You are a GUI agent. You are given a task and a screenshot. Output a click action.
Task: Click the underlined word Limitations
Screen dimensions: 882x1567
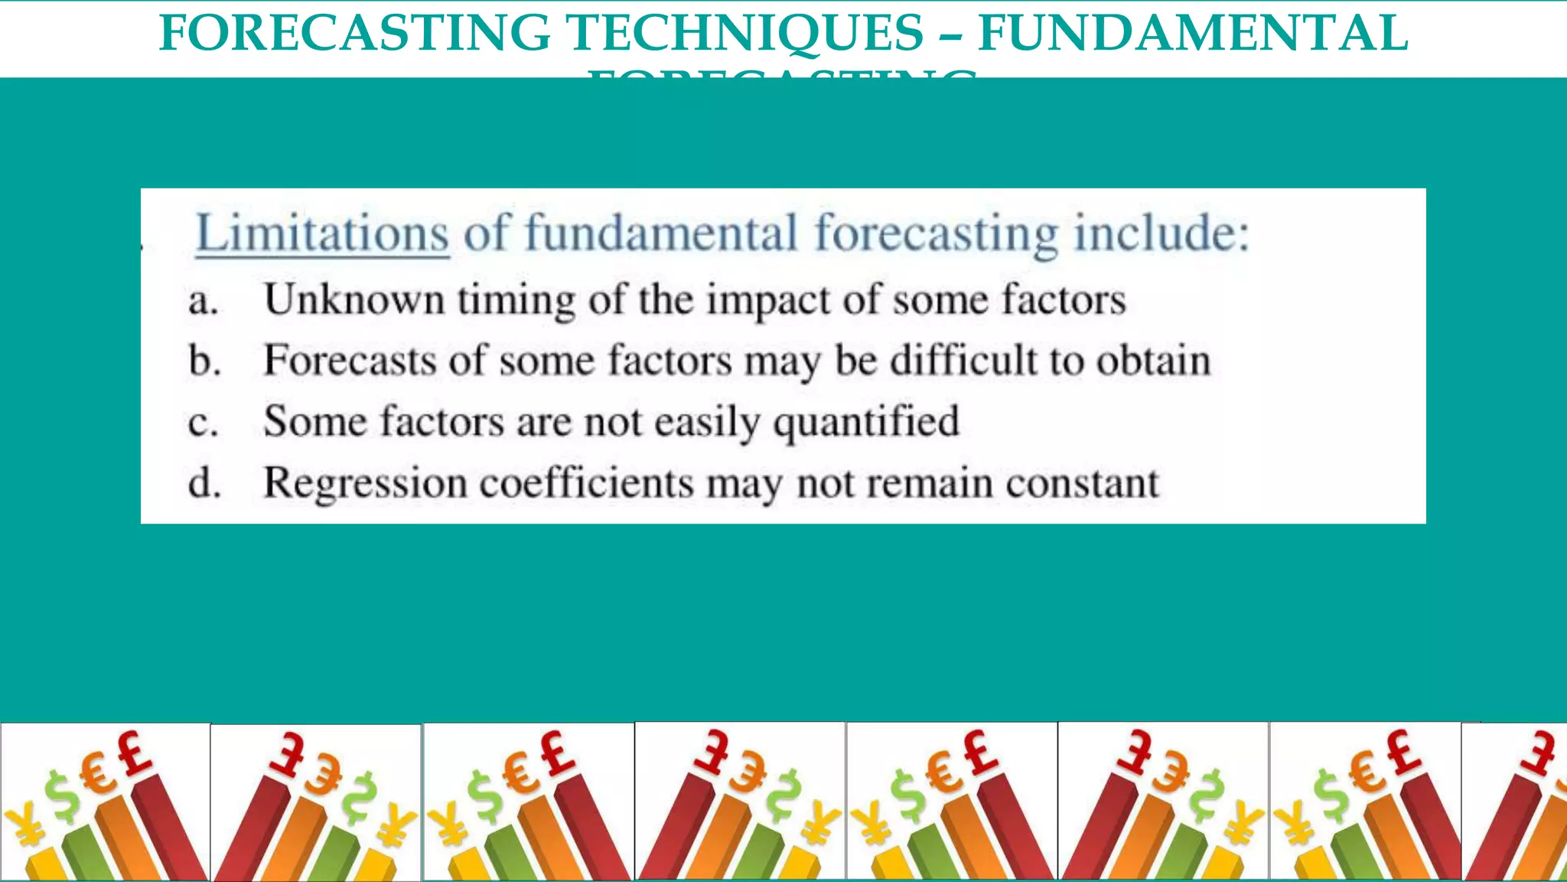[x=322, y=234]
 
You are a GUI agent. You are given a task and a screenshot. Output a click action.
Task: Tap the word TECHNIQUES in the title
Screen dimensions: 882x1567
[x=744, y=33]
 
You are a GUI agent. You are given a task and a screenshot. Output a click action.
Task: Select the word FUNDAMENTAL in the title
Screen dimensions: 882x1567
[x=1193, y=33]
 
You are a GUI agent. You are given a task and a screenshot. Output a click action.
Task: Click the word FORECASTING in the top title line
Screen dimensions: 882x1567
[x=354, y=33]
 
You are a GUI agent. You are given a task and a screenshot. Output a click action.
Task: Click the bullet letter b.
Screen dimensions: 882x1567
[x=204, y=361]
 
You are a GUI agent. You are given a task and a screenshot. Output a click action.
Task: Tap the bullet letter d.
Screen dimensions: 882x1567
[x=204, y=483]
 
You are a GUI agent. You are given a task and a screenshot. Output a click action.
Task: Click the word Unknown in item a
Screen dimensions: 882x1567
[x=353, y=299]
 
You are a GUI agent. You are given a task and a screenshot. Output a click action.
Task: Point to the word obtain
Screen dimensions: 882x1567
[x=1154, y=360]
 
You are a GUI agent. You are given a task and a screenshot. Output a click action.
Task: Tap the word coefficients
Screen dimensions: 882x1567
[x=586, y=483]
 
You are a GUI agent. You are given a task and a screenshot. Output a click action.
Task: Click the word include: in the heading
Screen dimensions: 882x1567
[x=1161, y=234]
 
